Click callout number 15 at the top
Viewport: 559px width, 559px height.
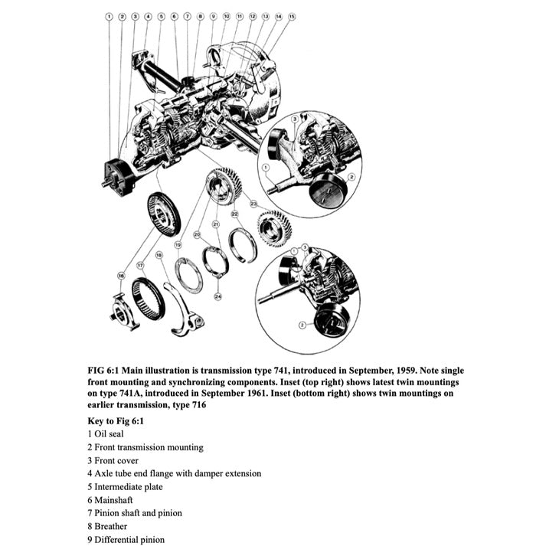point(291,15)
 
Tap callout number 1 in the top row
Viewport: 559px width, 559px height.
point(109,15)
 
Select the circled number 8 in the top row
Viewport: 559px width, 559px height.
point(200,15)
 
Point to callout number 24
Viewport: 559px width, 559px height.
point(218,296)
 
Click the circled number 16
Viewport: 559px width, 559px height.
point(121,275)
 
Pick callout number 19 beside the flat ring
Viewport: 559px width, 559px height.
point(178,245)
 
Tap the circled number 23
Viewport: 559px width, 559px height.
point(253,204)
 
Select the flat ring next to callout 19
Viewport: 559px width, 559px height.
point(188,276)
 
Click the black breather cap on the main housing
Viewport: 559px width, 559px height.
point(186,80)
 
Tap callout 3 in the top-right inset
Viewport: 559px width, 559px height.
point(295,119)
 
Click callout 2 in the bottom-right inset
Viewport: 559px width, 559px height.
point(302,325)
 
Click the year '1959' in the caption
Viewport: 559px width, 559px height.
point(400,370)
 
